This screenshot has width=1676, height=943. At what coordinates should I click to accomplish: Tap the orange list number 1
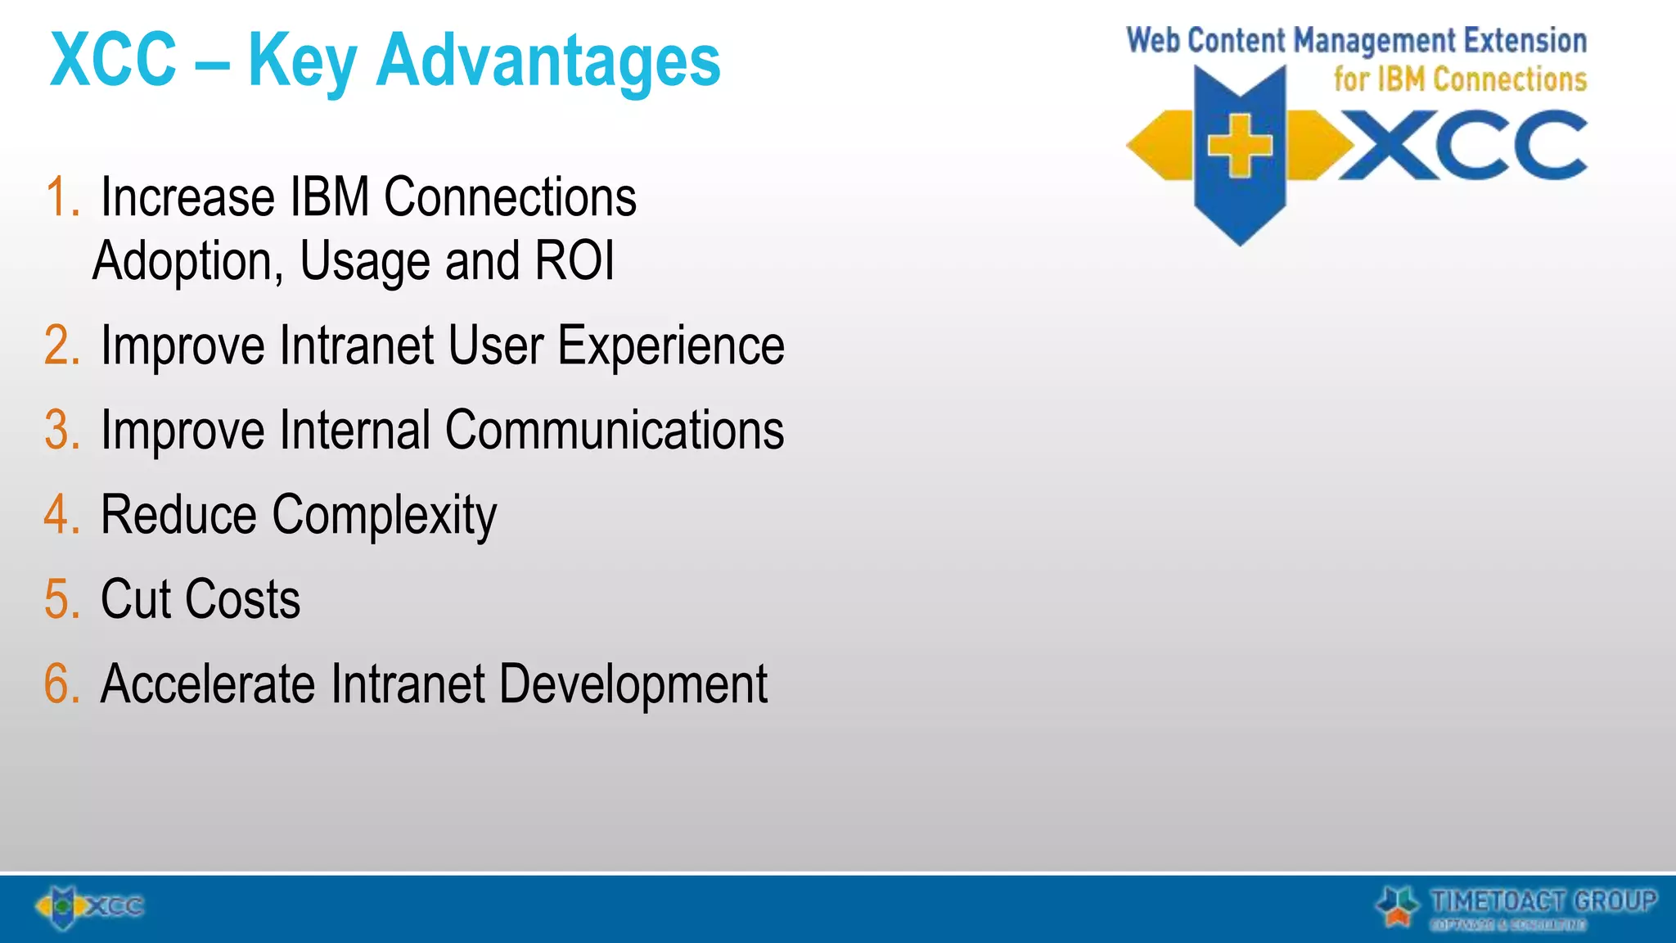(61, 198)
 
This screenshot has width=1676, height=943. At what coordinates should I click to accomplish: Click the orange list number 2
(62, 345)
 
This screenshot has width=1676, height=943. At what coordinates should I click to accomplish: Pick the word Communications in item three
(614, 431)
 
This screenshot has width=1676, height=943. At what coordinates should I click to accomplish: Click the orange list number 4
(62, 515)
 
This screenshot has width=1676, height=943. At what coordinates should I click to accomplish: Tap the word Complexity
(384, 517)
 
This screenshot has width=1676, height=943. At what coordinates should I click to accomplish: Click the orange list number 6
(62, 684)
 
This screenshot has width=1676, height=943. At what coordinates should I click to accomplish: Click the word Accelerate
(207, 684)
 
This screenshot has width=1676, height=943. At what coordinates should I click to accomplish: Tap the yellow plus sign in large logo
(1240, 146)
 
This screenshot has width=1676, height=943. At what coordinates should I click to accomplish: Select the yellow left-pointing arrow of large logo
(1158, 146)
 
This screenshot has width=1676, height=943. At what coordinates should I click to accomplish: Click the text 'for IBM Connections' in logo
(1459, 79)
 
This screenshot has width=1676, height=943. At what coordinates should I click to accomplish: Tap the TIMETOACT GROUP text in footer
(1543, 900)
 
